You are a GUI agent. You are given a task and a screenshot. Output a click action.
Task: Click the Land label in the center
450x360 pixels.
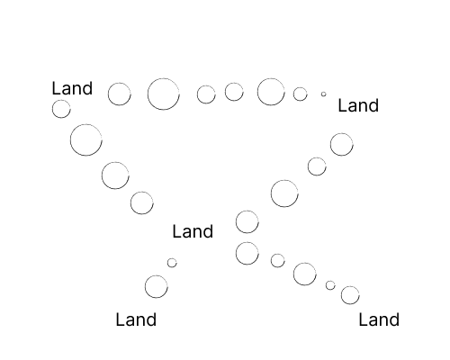[x=193, y=231]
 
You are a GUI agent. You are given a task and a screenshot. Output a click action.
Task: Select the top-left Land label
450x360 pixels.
[x=72, y=88]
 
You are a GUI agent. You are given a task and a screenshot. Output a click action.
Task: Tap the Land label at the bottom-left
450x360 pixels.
[x=136, y=319]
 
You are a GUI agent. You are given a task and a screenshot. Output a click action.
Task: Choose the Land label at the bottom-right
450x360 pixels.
[x=379, y=319]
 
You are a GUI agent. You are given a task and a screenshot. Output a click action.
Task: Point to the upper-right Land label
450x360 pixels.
[x=358, y=105]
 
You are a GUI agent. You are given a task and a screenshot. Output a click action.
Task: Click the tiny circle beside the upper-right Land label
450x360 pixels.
[x=323, y=92]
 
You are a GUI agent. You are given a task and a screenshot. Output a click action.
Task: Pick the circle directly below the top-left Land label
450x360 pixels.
[x=61, y=100]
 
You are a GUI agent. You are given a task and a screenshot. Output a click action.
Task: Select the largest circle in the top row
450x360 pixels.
[x=164, y=78]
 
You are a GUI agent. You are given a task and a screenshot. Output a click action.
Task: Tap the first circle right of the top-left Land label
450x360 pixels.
[x=120, y=83]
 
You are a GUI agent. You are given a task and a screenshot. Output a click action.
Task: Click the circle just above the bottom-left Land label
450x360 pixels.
[x=157, y=275]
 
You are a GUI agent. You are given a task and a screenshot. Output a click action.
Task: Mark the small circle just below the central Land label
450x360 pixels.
[x=172, y=258]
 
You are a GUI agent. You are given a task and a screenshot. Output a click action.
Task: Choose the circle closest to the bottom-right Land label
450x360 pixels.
[x=350, y=287]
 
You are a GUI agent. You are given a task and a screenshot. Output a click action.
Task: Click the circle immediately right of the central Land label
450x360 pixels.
[x=247, y=211]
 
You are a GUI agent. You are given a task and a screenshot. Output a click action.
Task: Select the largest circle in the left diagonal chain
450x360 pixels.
[x=86, y=124]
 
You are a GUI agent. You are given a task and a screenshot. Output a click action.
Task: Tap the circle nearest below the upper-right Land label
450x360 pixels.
[x=342, y=133]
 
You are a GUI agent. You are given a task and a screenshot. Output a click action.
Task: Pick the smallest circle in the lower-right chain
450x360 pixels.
[x=330, y=281]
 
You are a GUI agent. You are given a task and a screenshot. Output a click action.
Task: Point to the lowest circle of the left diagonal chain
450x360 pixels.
[x=142, y=192]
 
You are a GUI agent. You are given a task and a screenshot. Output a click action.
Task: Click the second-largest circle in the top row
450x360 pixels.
[x=271, y=78]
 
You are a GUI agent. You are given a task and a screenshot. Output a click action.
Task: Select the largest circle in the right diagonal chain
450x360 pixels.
[x=284, y=180]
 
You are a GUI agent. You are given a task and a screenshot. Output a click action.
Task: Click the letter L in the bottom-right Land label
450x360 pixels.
[x=363, y=319]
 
